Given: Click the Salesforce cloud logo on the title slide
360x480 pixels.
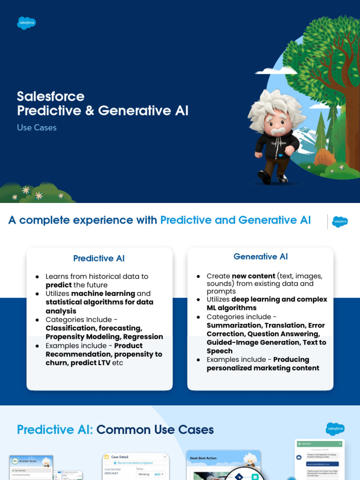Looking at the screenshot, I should pos(27,23).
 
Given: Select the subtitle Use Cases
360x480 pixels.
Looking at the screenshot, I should pos(37,127).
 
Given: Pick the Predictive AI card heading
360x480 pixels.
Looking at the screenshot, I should pos(99,258).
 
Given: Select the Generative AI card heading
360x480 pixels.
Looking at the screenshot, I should pos(261,256).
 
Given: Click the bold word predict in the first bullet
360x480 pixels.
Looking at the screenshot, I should pos(59,285).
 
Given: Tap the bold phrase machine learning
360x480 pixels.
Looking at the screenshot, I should pos(103,293).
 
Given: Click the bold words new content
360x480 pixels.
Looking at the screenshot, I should pos(254,276).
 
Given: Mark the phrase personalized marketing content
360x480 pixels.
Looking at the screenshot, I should pos(263,368).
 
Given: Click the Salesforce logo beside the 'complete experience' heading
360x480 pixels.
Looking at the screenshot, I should pos(339,222).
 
